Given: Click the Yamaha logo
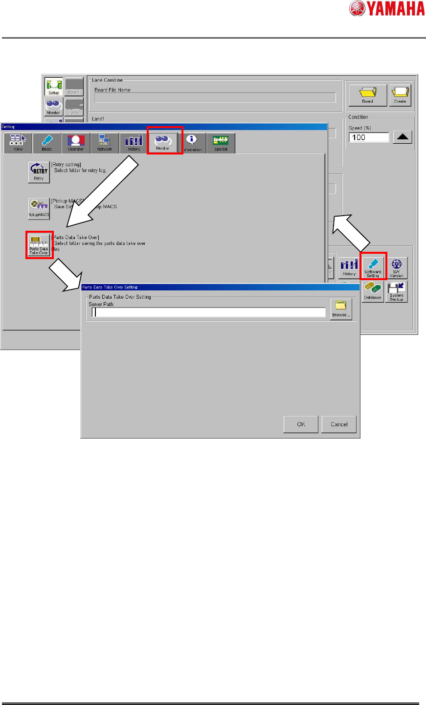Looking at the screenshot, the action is pyautogui.click(x=386, y=8).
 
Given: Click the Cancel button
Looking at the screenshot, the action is pyautogui.click(x=338, y=424).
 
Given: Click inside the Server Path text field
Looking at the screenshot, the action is pyautogui.click(x=209, y=312).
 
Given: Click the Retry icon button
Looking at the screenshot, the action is pyautogui.click(x=39, y=172).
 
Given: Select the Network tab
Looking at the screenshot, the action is pyautogui.click(x=105, y=143).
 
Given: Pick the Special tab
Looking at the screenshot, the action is pyautogui.click(x=221, y=143).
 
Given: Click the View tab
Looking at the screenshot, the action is pyautogui.click(x=18, y=143).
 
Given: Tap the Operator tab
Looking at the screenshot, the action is pyautogui.click(x=76, y=143).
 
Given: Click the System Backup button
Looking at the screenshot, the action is pyautogui.click(x=396, y=291).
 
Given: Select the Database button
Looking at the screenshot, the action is pyautogui.click(x=373, y=291).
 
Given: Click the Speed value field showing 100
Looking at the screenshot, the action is pyautogui.click(x=369, y=137).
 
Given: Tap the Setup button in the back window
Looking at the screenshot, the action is pyautogui.click(x=54, y=87).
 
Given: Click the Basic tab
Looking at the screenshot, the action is pyautogui.click(x=47, y=143).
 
